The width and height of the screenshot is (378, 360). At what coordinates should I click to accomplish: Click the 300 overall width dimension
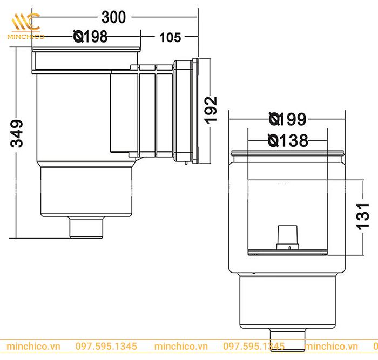(114, 17)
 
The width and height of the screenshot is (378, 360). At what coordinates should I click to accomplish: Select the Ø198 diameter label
(90, 37)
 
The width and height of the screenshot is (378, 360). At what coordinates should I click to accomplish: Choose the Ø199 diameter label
(287, 119)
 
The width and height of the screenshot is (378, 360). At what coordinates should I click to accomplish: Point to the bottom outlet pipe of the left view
(86, 227)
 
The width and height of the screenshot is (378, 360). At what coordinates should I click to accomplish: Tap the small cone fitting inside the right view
(287, 236)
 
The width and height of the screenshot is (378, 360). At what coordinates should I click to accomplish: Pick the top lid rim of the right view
(287, 153)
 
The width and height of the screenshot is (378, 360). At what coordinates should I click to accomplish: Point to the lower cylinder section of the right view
(287, 300)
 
